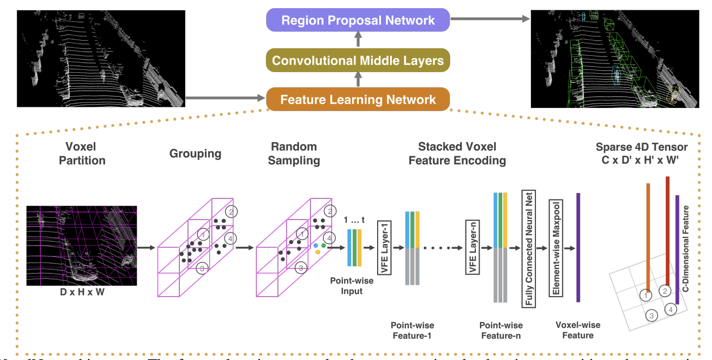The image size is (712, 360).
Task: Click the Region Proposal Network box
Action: pos(358,21)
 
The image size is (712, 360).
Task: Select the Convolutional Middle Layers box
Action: pos(358,60)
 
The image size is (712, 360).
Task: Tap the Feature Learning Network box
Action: pos(358,99)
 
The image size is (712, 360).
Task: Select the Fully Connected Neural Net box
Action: pos(528,248)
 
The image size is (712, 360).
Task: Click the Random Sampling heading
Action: pos(295,153)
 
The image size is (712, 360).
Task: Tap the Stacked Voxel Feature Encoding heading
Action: pos(462,153)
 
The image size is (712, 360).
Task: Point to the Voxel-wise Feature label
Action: pos(578,330)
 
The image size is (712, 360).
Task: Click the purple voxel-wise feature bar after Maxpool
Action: pos(578,247)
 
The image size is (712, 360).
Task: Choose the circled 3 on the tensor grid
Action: pos(652,315)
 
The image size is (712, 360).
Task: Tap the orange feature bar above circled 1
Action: pos(648,236)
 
